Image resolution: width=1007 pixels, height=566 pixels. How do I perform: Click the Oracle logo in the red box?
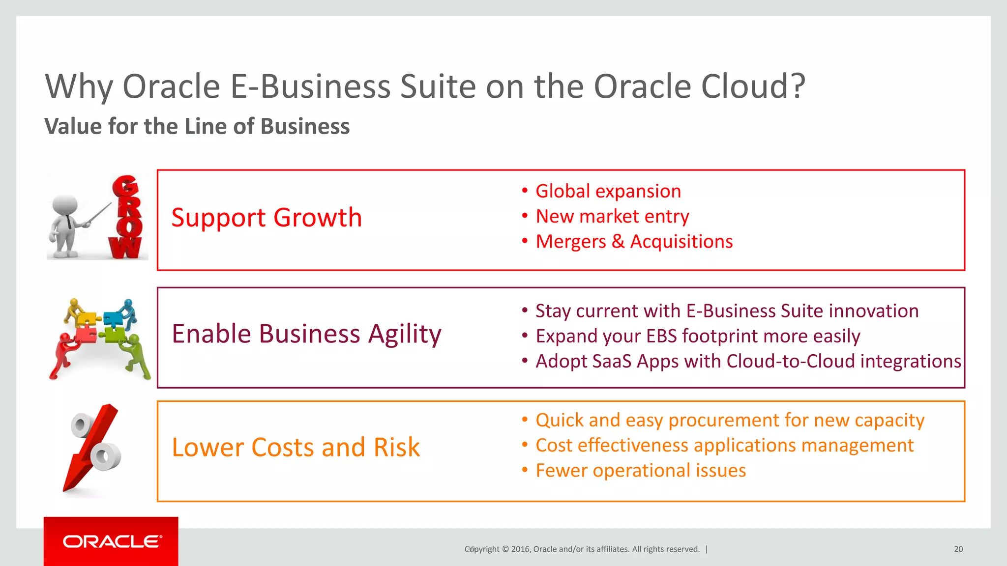[x=112, y=541]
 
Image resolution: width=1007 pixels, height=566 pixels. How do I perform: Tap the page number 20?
[x=958, y=549]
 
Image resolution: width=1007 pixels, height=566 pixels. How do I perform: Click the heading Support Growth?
[x=266, y=218]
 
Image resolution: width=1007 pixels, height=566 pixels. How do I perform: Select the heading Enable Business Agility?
[x=306, y=334]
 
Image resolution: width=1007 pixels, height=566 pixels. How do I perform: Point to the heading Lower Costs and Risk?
[x=296, y=448]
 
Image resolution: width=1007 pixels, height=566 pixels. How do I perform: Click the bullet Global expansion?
[x=608, y=191]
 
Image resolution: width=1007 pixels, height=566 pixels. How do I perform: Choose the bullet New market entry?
[x=612, y=217]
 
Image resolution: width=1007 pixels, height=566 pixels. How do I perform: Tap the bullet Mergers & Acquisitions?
[x=634, y=242]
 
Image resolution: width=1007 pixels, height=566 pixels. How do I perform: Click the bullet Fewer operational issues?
[x=640, y=471]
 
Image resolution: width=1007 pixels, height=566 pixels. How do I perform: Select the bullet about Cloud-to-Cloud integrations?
[x=747, y=362]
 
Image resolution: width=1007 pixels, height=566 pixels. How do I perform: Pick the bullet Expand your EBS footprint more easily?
[x=697, y=337]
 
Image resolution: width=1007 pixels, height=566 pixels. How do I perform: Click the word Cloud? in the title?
[x=753, y=86]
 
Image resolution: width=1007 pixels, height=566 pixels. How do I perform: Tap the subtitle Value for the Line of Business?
[x=197, y=126]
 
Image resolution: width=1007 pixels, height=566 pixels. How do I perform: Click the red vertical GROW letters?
[x=127, y=217]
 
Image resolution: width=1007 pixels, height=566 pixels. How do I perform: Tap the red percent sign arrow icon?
[x=93, y=447]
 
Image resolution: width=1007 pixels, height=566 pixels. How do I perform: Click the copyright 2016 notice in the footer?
[x=582, y=549]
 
